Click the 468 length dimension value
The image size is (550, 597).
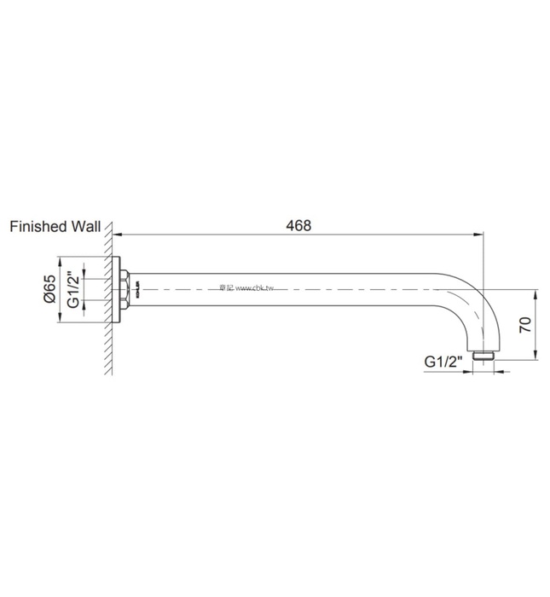(298, 226)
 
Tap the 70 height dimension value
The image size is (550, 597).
(524, 323)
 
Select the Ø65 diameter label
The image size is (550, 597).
(50, 290)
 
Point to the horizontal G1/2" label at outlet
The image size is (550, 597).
(443, 362)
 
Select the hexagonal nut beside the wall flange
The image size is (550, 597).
(127, 289)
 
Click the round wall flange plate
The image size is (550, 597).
(119, 289)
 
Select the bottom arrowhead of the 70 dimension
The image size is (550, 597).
(536, 356)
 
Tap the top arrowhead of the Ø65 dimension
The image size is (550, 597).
(60, 259)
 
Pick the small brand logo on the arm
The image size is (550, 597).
(136, 290)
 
